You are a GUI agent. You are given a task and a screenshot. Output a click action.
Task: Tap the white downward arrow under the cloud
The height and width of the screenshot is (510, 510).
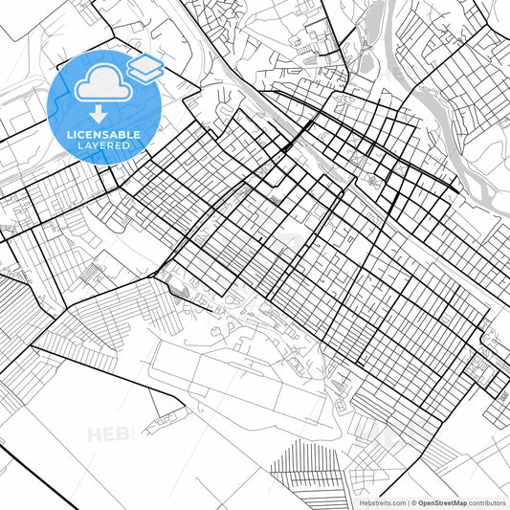99,114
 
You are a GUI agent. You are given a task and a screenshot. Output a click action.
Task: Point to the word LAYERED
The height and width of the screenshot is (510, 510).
105,145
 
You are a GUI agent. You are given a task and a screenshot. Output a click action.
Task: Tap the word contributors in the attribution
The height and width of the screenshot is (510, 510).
484,502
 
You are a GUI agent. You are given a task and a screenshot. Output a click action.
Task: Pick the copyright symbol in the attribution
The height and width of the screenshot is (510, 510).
413,502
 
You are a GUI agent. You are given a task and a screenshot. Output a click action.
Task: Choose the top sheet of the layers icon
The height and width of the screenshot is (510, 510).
145,62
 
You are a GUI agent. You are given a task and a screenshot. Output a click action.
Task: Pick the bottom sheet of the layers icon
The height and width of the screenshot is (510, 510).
145,74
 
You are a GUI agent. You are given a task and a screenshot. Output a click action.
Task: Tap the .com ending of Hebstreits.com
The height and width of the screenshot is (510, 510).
394,502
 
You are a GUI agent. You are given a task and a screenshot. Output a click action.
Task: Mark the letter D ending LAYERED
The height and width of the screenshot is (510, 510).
128,145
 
